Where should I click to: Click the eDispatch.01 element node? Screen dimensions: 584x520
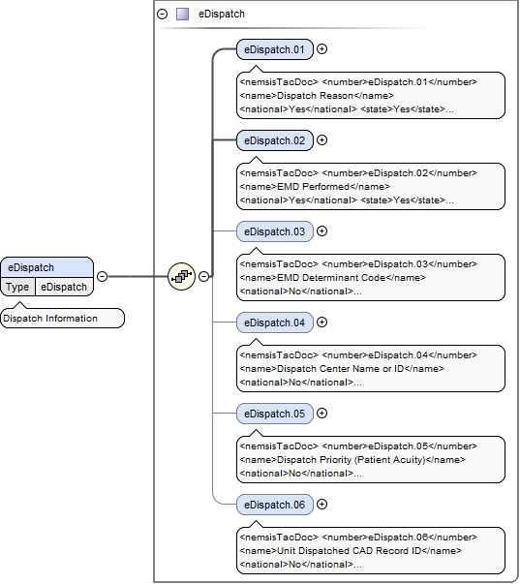274,49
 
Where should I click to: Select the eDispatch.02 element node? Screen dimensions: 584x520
274,140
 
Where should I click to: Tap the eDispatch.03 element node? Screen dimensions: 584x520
274,231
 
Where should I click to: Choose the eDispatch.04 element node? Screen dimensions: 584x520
274,323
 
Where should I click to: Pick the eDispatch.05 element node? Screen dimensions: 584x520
274,414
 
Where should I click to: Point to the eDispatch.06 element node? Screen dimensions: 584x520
274,505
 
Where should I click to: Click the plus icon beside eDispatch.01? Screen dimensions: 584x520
322,49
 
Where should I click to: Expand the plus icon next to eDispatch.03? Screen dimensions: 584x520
322,231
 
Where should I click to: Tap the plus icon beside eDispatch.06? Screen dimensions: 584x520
322,505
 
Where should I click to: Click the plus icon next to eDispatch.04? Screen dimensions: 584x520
322,323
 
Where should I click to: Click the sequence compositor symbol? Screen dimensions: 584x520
181,276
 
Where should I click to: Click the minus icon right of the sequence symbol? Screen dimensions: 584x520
204,276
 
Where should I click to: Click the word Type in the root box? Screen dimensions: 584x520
17,287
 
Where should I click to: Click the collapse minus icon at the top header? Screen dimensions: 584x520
162,15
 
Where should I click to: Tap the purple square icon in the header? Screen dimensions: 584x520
182,15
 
